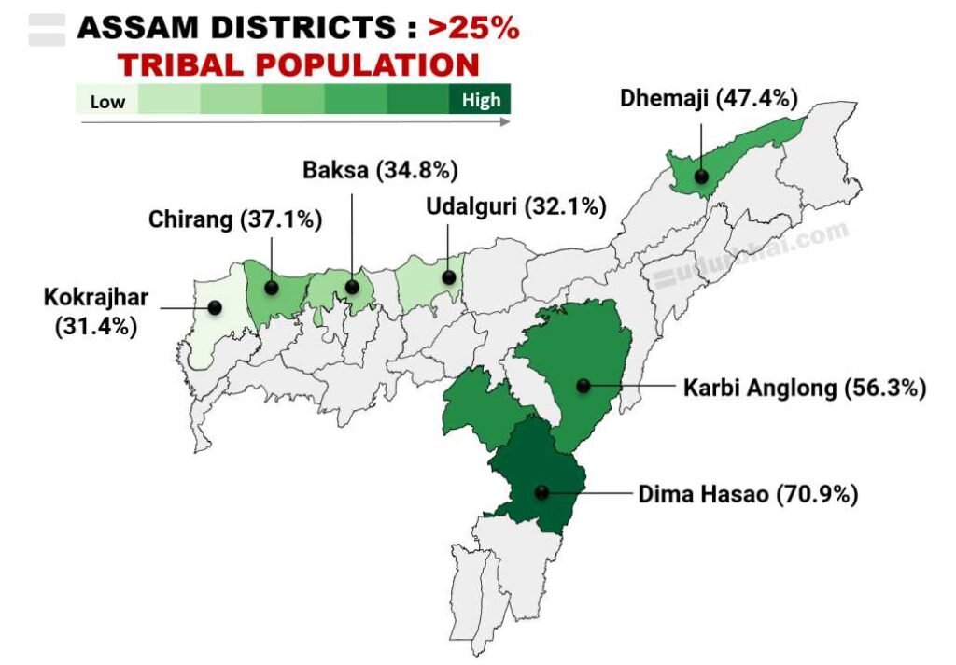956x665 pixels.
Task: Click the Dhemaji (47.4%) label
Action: (708, 98)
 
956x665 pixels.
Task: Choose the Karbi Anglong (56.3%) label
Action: (804, 388)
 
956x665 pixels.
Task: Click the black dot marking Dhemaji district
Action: (699, 175)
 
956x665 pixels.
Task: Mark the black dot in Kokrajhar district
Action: (215, 306)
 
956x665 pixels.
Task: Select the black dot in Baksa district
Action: (352, 287)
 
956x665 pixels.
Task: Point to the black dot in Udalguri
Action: (449, 277)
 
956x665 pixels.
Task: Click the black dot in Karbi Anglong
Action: (583, 385)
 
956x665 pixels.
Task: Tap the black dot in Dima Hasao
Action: (541, 492)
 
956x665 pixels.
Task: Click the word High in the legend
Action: (481, 100)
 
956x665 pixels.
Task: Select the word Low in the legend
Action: (107, 101)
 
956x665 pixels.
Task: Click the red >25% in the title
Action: (472, 28)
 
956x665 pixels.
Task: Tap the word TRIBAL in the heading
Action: (197, 64)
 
